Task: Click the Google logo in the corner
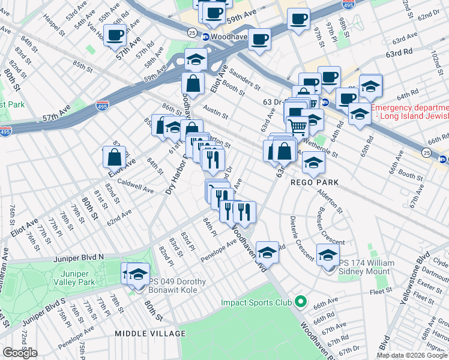[20, 353]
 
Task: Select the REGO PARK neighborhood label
[316, 182]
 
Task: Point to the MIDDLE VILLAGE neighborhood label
[151, 333]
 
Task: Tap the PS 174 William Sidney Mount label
[367, 268]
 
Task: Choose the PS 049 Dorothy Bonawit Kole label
[178, 286]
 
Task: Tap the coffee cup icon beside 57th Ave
[116, 35]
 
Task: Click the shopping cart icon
[298, 127]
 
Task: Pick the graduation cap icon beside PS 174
[328, 256]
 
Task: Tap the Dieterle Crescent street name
[301, 238]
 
